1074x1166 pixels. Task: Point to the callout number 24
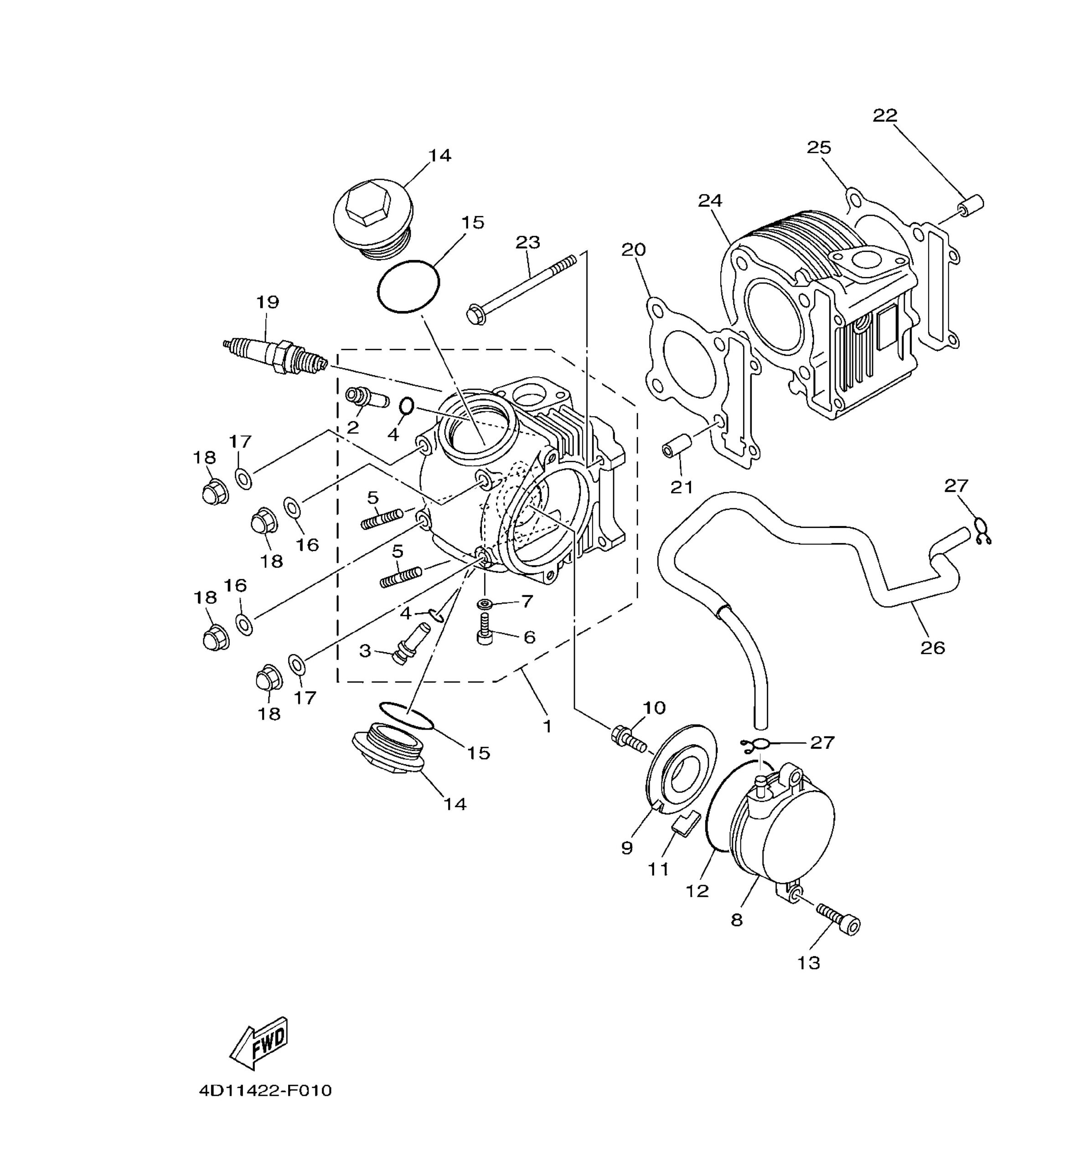[x=710, y=200]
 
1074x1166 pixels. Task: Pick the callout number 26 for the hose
[x=932, y=647]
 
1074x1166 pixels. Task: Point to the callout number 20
[x=634, y=250]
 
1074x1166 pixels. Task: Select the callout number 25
[x=819, y=147]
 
